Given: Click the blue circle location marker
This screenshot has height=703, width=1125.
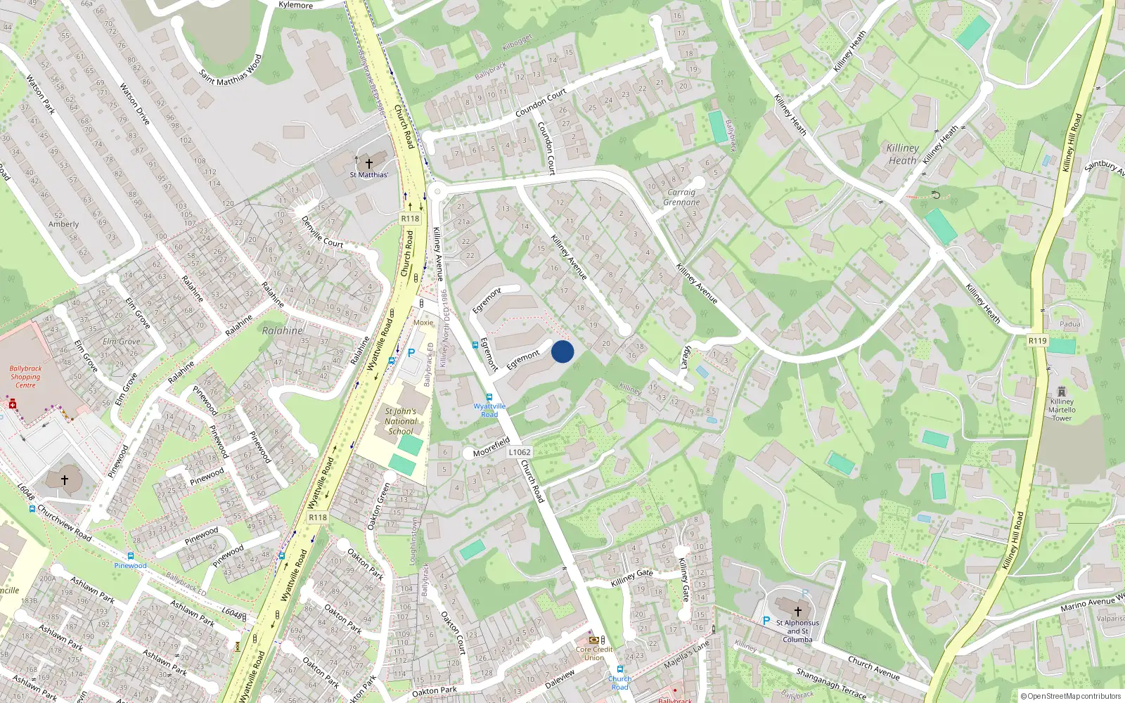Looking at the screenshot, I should point(562,351).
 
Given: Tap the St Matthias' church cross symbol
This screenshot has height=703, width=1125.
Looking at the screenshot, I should point(368,163).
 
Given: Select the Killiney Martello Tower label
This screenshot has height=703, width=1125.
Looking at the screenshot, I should point(1062,409).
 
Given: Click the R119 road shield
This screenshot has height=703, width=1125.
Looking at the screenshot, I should point(1037,341).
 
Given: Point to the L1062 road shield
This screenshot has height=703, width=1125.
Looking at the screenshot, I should point(520,452).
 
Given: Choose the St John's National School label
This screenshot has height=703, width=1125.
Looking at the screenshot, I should point(401,421).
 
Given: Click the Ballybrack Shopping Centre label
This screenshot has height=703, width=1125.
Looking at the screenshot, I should point(25,377).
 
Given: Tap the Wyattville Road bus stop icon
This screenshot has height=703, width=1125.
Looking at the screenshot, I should point(489,397).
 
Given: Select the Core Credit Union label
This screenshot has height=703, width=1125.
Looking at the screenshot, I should point(594,653).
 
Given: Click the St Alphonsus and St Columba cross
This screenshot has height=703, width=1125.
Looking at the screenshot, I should point(797,612).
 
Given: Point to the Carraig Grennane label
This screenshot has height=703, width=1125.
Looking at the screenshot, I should point(681,197).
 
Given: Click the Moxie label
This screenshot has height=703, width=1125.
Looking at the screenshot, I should point(423,323).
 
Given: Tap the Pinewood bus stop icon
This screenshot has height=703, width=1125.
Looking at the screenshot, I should point(131,556).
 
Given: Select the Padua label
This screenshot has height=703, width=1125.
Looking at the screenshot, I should point(1070,324).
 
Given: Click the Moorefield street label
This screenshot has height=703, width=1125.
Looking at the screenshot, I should point(491,447).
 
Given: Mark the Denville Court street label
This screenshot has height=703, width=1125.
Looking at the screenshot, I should point(322,231).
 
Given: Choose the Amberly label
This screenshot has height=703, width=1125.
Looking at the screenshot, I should point(63,224).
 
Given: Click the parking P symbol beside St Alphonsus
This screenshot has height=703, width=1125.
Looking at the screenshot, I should point(766,621).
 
